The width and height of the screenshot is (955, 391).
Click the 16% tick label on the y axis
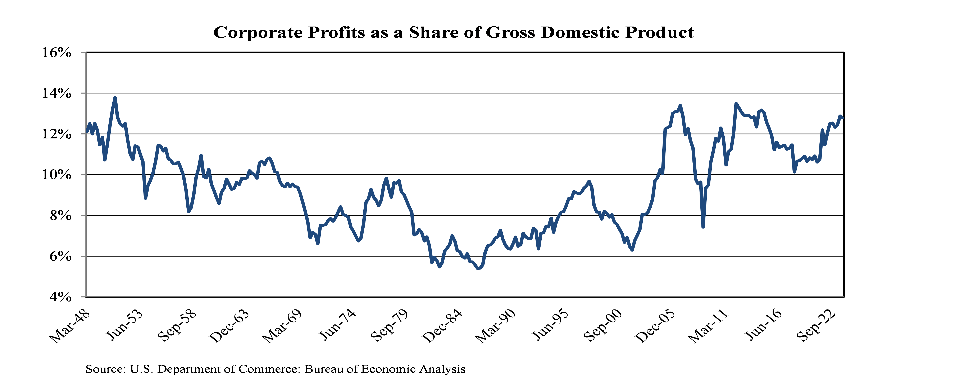(x=57, y=53)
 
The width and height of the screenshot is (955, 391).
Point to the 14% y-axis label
(x=57, y=93)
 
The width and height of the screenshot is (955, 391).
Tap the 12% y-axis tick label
(x=57, y=134)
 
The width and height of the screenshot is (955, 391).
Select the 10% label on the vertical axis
(x=57, y=175)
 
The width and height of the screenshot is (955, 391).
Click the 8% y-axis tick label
(x=60, y=216)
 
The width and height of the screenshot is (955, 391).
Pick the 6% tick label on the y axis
(x=60, y=257)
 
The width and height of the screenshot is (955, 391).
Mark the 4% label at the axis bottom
(x=60, y=297)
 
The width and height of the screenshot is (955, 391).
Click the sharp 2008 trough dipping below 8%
(x=703, y=227)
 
